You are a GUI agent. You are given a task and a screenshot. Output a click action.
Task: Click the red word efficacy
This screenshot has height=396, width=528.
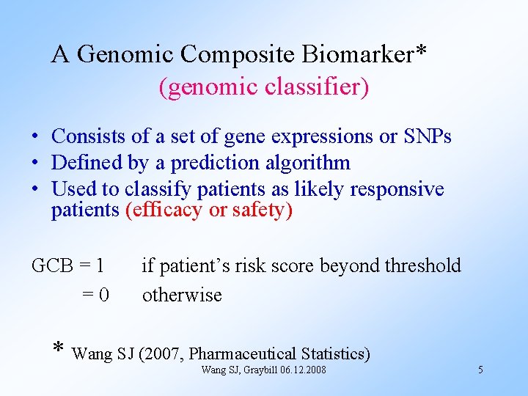pyautogui.click(x=166, y=211)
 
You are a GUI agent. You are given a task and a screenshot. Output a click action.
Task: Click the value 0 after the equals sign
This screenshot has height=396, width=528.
pyautogui.click(x=104, y=295)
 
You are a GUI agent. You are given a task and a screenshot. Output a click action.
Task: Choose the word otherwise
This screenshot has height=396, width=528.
pyautogui.click(x=182, y=295)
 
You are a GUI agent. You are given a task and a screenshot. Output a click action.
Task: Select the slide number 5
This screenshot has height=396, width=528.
pyautogui.click(x=480, y=370)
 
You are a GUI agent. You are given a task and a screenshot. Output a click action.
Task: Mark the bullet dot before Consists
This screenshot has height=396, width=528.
pyautogui.click(x=35, y=137)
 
